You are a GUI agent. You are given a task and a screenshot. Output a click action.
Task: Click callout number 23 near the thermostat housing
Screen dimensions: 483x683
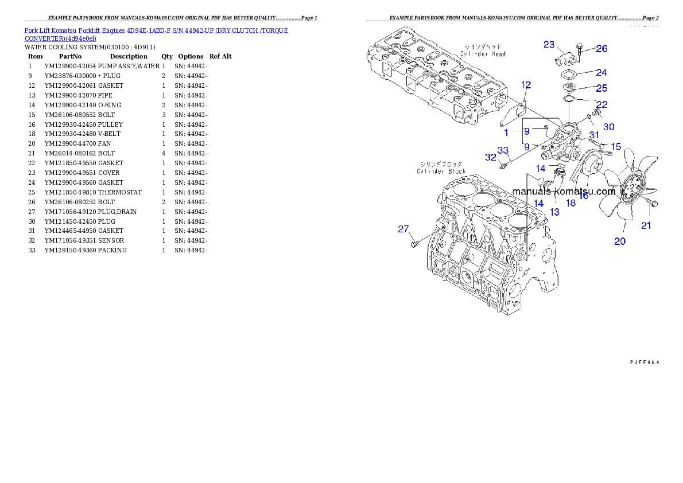549,44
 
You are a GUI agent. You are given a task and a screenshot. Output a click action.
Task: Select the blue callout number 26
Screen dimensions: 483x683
601,49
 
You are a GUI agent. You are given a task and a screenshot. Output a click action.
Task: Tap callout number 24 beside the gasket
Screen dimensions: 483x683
601,73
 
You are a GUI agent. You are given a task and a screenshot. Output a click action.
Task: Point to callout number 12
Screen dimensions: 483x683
526,85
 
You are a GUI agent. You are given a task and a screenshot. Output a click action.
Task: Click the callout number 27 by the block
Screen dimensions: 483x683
403,229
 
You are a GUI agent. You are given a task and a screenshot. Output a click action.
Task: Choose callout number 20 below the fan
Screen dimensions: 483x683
620,241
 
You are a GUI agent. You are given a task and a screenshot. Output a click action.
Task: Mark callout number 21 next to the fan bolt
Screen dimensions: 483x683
646,225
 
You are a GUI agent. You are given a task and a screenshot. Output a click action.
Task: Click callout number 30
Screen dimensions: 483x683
608,126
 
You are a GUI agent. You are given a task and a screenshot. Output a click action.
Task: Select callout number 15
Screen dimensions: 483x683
615,147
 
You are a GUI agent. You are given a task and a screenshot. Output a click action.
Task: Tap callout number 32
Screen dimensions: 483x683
490,157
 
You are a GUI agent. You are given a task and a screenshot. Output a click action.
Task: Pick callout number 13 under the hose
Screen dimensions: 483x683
554,212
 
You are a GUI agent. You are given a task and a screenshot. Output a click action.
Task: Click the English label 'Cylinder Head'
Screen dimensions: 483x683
483,54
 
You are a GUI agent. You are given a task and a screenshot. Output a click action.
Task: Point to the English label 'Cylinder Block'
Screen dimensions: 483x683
441,172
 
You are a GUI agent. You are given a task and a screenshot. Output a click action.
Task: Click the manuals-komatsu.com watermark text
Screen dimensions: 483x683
564,191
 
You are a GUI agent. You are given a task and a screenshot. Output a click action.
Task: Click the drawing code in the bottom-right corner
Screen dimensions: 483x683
645,362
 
